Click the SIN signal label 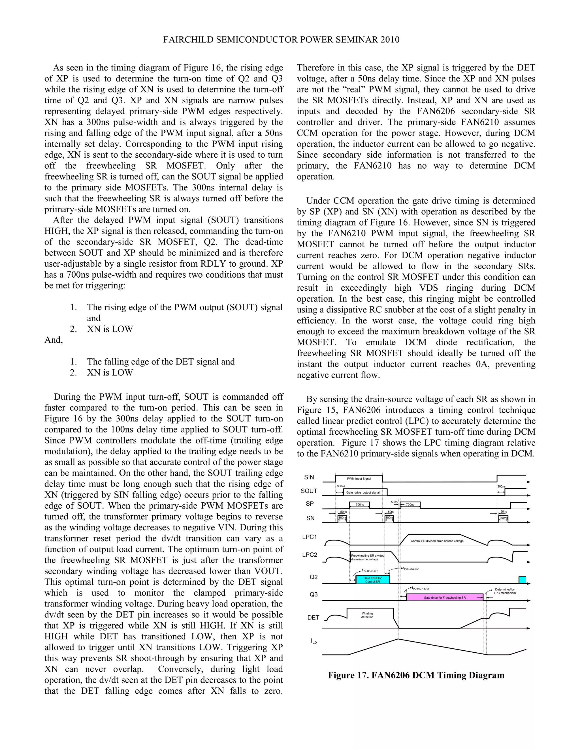pyautogui.click(x=309, y=477)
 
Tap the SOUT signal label pyautogui.click(x=309, y=491)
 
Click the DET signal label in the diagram pyautogui.click(x=314, y=618)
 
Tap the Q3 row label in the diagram pyautogui.click(x=314, y=594)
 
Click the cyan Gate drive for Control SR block pyautogui.click(x=372, y=580)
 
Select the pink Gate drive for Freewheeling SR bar pyautogui.click(x=445, y=597)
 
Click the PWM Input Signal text pyautogui.click(x=359, y=479)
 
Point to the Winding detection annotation pyautogui.click(x=367, y=615)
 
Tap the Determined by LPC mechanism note pyautogui.click(x=505, y=591)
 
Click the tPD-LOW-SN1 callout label pyautogui.click(x=411, y=569)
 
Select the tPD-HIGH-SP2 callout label pyautogui.click(x=420, y=589)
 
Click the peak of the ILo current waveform pyautogui.click(x=398, y=639)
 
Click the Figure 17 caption pyautogui.click(x=416, y=675)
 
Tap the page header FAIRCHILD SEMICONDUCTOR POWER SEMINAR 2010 pyautogui.click(x=281, y=40)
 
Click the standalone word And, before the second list pyautogui.click(x=54, y=340)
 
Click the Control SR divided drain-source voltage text pyautogui.click(x=437, y=541)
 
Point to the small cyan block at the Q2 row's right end pyautogui.click(x=522, y=580)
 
